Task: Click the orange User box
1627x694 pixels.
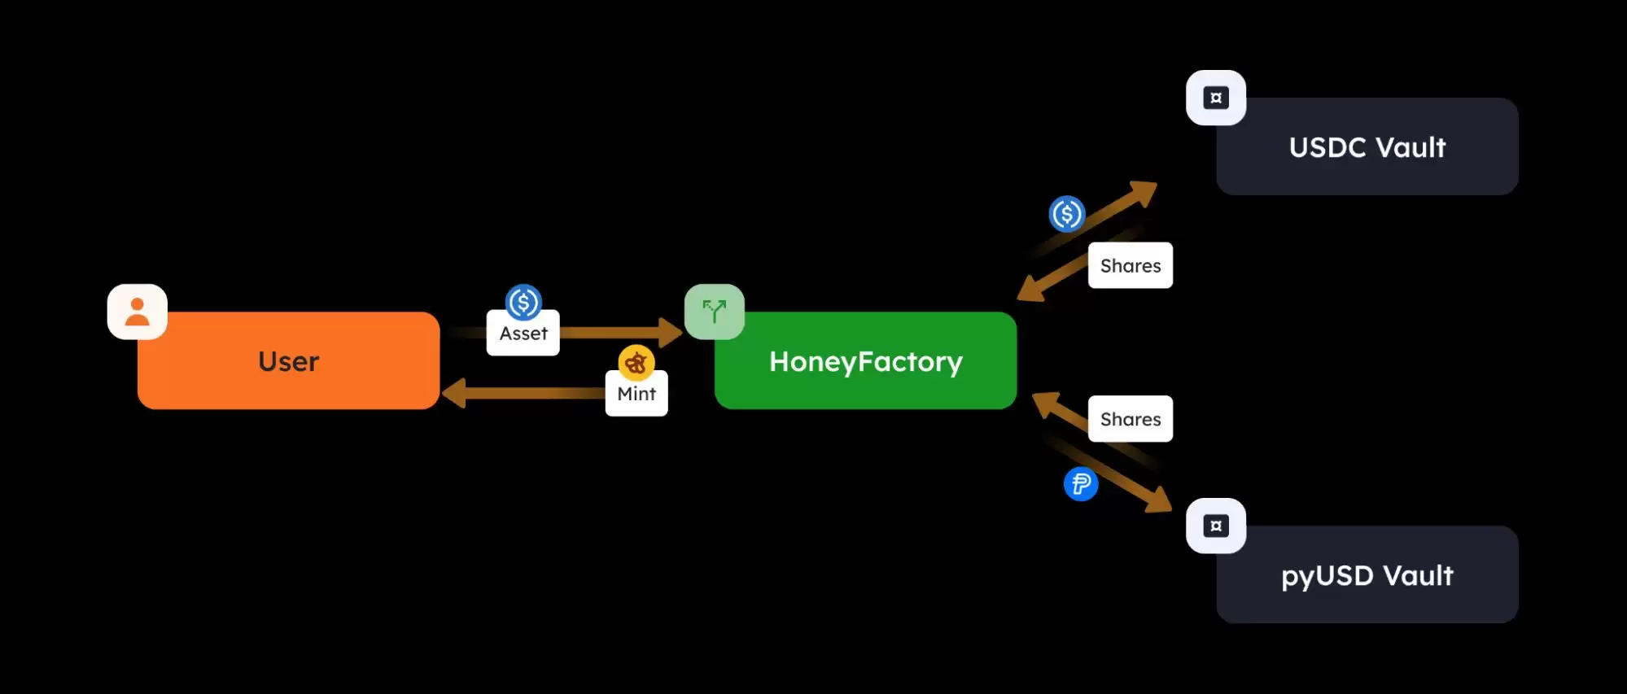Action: click(288, 361)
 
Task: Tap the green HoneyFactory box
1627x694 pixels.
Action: click(865, 361)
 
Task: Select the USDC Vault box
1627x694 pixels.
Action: click(1367, 147)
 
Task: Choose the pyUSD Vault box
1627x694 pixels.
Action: click(1367, 575)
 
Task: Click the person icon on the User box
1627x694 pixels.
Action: click(138, 312)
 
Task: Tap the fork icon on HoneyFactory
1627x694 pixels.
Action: click(715, 312)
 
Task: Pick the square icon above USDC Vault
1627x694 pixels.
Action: click(1216, 98)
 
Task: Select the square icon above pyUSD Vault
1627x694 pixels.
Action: click(1216, 526)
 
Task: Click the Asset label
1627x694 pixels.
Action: click(523, 334)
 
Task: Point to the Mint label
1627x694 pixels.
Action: click(636, 394)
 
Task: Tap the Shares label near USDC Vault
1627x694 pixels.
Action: click(1131, 266)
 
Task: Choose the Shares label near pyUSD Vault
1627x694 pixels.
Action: click(1131, 419)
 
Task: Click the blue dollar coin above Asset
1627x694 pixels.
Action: click(523, 303)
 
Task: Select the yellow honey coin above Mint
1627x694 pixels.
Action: click(636, 363)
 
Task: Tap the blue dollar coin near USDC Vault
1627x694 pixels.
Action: click(1067, 214)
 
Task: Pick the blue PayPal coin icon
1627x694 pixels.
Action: click(1081, 484)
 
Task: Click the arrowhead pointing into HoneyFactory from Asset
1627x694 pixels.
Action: click(671, 332)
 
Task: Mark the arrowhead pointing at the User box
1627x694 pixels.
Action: click(453, 394)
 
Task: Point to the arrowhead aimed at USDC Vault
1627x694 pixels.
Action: click(1144, 192)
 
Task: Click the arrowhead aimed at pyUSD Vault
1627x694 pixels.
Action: click(1159, 500)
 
